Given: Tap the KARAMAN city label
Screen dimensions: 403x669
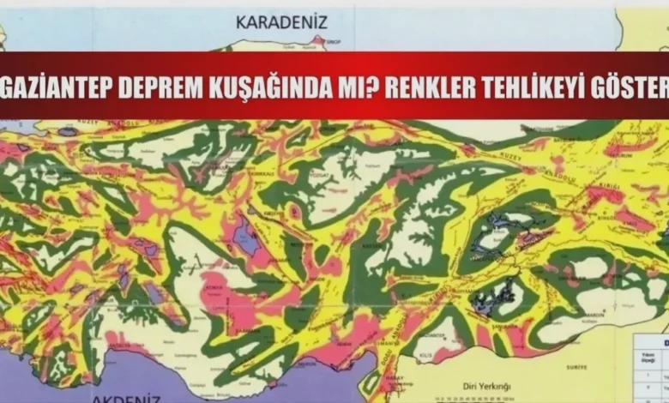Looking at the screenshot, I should [x=258, y=326].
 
